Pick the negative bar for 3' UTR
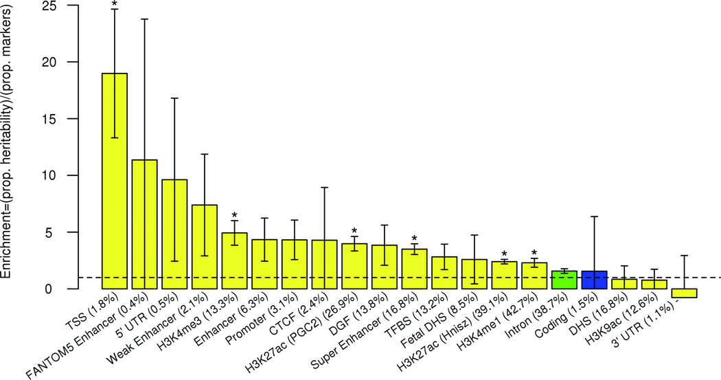click(x=684, y=293)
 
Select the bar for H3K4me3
click(x=234, y=261)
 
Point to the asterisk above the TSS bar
click(x=115, y=4)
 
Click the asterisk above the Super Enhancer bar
click(x=414, y=238)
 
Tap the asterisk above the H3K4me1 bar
click(x=534, y=252)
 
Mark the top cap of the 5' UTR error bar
click(x=174, y=98)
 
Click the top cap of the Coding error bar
click(x=595, y=216)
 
